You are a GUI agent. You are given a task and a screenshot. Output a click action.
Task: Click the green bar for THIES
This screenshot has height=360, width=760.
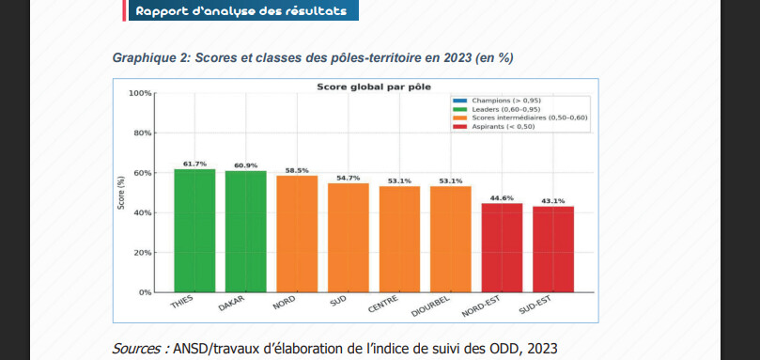click(x=194, y=230)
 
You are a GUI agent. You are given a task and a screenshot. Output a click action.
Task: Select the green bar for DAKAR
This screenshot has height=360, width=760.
click(x=245, y=231)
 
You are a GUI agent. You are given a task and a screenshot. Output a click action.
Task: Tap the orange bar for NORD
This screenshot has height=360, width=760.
click(x=297, y=234)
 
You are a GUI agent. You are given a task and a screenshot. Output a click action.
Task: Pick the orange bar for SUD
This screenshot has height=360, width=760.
click(x=348, y=238)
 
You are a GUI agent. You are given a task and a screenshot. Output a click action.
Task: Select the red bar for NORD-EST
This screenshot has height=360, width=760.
click(x=502, y=247)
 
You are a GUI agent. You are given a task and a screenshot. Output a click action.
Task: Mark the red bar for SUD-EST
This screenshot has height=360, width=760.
click(x=553, y=249)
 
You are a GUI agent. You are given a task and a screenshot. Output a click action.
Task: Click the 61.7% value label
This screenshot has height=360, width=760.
click(x=194, y=164)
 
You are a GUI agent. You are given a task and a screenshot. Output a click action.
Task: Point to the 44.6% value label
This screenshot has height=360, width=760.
click(x=502, y=197)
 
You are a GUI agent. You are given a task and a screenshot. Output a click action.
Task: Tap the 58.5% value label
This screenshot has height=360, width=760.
click(x=297, y=170)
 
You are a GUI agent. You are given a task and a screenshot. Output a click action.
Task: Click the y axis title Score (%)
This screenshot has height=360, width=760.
click(x=120, y=193)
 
